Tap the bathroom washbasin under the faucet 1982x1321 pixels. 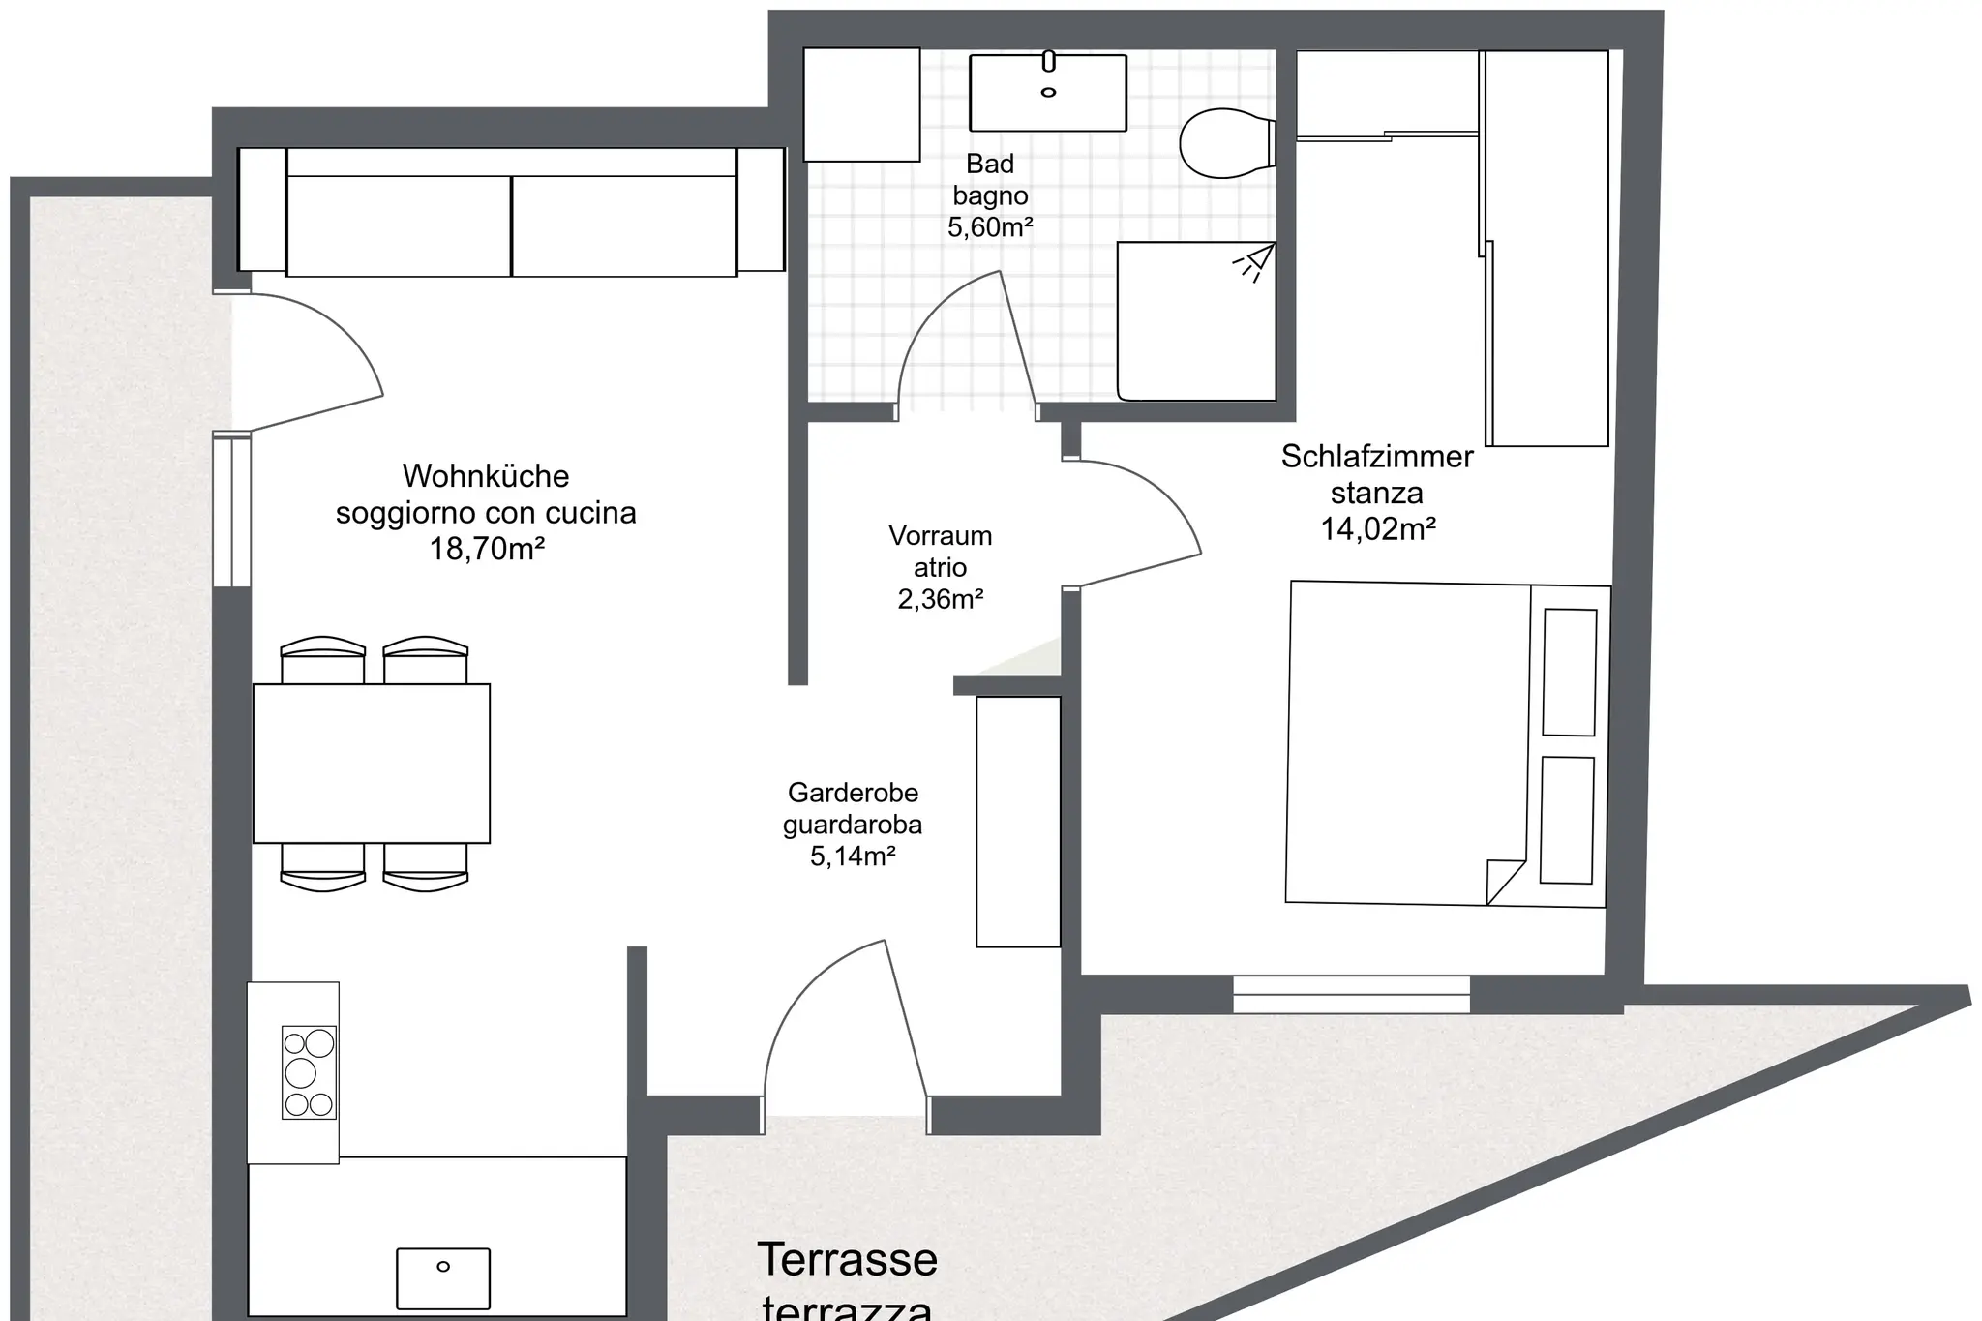[1048, 93]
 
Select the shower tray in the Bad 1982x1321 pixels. [1196, 321]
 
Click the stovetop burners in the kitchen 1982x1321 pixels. [309, 1072]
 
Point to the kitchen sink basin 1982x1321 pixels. [443, 1278]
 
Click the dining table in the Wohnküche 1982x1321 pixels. [372, 764]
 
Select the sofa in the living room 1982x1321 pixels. [511, 211]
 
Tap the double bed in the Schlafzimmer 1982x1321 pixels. [1448, 743]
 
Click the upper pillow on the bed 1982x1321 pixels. [1570, 673]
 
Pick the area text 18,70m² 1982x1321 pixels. [487, 550]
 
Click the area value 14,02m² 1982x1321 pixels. [1378, 529]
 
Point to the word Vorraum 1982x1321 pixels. [941, 536]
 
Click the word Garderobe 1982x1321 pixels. [853, 793]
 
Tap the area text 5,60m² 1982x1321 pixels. [990, 227]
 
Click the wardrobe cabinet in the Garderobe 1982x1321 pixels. [1018, 822]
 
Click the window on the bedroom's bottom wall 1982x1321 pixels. [1352, 994]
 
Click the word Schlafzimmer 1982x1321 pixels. [1377, 457]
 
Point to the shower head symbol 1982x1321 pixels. [1254, 261]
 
